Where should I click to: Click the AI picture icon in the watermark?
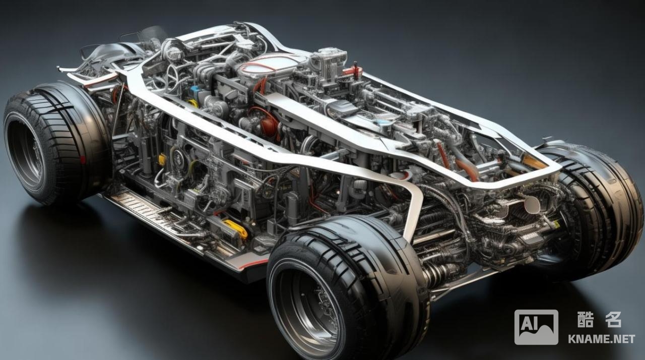pos(536,327)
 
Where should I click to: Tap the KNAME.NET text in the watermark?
pos(602,339)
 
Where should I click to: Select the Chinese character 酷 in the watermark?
pos(586,319)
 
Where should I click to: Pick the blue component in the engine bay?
pos(196,90)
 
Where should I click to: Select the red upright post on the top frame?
pos(356,70)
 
